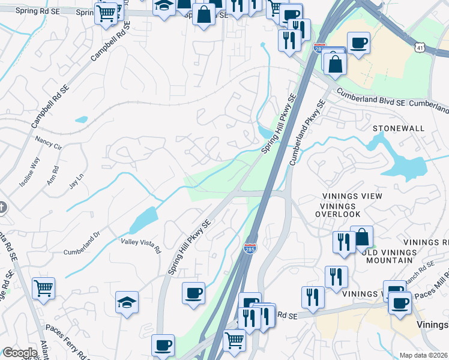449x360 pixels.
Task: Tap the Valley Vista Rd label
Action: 141,245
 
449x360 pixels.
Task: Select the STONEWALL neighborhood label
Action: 398,128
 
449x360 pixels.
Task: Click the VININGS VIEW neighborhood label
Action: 351,196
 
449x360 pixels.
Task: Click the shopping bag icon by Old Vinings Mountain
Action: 362,237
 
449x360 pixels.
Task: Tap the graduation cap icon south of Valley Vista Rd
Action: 127,302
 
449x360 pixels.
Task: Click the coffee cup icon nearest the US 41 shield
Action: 358,43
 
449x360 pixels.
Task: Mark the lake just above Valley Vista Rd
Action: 143,220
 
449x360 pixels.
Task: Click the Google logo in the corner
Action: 20,353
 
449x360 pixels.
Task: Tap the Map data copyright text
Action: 424,355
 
